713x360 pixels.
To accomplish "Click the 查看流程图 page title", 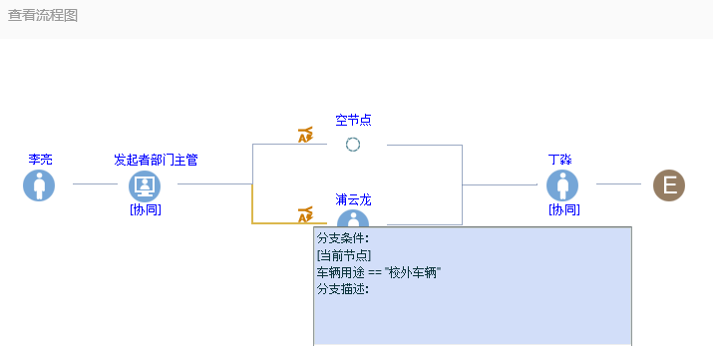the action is [43, 15].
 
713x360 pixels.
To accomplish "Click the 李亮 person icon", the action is [39, 185].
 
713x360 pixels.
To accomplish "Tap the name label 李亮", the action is [41, 160].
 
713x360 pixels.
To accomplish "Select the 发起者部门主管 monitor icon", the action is [145, 185].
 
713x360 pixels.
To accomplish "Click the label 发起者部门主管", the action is [156, 160].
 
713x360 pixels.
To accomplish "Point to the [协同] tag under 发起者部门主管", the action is [146, 209].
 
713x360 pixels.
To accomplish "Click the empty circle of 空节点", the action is [353, 145].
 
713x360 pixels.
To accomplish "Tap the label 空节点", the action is [353, 120].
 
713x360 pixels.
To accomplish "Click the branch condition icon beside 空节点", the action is [305, 135].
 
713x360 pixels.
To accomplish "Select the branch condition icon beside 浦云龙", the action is [305, 215].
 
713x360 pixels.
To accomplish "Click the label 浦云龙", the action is [353, 200].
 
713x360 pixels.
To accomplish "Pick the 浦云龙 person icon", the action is [353, 218].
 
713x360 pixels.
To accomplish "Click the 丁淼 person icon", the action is [562, 185].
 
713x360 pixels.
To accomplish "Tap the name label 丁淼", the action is [559, 160].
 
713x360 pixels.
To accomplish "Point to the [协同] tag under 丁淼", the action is [564, 209].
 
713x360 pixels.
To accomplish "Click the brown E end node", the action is [669, 185].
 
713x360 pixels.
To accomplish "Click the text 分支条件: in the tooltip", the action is [343, 238].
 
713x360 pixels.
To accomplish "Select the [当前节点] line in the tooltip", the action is [344, 255].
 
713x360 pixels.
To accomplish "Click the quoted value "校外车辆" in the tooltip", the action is [413, 272].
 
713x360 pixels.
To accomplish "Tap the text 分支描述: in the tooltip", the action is [343, 289].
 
